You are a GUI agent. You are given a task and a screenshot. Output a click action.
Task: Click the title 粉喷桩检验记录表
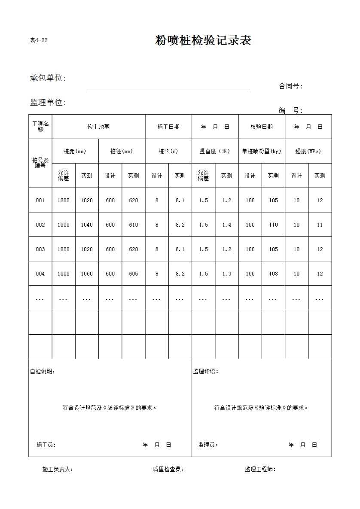click(203, 41)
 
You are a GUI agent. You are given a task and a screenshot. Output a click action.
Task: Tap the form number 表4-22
click(39, 41)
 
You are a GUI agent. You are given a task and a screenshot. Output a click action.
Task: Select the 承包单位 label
click(48, 78)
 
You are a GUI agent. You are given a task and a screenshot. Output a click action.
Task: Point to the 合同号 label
click(290, 86)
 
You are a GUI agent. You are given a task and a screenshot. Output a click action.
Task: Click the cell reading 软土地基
click(98, 127)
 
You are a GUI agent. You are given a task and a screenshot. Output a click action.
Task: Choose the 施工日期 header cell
click(168, 127)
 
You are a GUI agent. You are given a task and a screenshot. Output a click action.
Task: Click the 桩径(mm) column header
click(122, 151)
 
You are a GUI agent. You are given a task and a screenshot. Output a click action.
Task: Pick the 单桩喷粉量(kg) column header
click(262, 151)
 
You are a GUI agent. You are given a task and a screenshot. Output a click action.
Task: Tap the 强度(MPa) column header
click(308, 151)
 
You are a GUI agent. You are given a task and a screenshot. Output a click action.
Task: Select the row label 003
click(40, 249)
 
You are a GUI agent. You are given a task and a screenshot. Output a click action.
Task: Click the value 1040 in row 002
click(87, 225)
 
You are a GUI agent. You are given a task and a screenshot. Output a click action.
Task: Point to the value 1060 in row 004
click(87, 274)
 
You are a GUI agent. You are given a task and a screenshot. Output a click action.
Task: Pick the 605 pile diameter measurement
click(134, 274)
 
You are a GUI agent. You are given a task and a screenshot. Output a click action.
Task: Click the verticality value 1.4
click(227, 225)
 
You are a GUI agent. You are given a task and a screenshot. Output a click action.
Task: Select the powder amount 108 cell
click(274, 274)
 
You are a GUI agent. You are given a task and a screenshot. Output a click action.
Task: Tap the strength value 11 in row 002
click(320, 225)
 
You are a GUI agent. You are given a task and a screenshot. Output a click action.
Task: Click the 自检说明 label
click(42, 372)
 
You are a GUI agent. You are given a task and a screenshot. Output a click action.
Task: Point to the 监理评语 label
click(205, 372)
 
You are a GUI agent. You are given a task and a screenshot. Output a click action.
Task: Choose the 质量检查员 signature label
click(168, 470)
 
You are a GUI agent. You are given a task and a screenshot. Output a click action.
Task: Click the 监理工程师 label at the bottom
click(260, 470)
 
